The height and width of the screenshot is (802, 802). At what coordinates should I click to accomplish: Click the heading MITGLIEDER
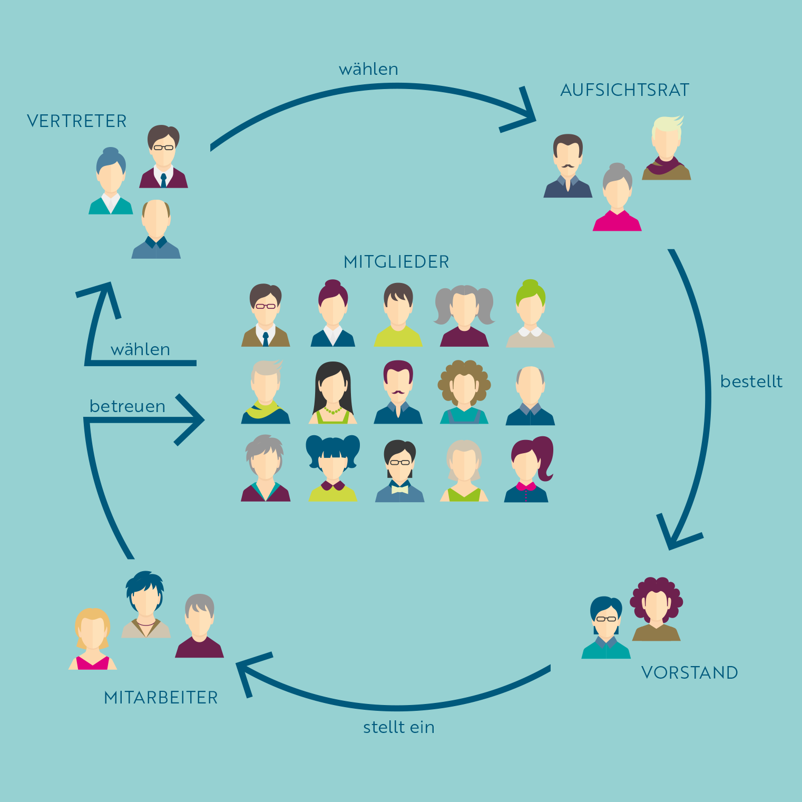[396, 262]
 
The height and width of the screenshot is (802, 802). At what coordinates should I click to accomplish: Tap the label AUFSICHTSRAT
[624, 90]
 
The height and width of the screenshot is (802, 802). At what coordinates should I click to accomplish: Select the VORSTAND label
[689, 672]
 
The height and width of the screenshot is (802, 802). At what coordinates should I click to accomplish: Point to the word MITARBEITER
[161, 697]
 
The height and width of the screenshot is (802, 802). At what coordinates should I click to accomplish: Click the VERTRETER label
[77, 121]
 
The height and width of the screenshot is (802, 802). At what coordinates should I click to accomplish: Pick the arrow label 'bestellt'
[751, 381]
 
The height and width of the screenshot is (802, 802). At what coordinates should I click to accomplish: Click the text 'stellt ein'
[399, 727]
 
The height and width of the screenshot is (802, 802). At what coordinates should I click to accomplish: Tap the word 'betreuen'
[128, 406]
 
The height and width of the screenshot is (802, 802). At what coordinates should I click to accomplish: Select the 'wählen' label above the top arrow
[368, 69]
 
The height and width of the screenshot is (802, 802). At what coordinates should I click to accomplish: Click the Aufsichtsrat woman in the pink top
[617, 199]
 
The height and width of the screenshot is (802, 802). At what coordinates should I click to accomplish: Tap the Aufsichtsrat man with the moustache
[568, 167]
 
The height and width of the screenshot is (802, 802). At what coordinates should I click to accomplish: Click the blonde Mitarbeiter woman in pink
[93, 640]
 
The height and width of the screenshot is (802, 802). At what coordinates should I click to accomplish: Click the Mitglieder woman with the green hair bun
[530, 315]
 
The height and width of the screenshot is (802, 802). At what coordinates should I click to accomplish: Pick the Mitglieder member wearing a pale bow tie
[399, 472]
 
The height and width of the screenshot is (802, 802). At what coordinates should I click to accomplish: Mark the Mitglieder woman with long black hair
[332, 393]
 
